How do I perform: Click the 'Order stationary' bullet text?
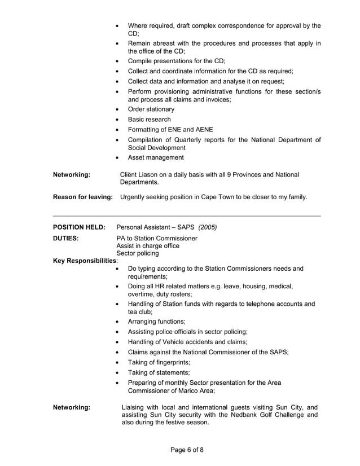tap(151, 109)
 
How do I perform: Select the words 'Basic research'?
tap(149, 120)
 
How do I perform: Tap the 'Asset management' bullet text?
tap(156, 157)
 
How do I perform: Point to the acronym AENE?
tap(206, 130)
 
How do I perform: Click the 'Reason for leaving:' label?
tap(82, 197)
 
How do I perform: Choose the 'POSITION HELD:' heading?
tap(79, 227)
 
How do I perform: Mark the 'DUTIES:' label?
tap(65, 238)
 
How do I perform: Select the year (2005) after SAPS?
tap(207, 227)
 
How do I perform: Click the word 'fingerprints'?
tap(170, 362)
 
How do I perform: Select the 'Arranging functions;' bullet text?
tap(156, 321)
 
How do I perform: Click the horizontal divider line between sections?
tap(187, 216)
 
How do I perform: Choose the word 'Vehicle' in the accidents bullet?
tap(172, 341)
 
